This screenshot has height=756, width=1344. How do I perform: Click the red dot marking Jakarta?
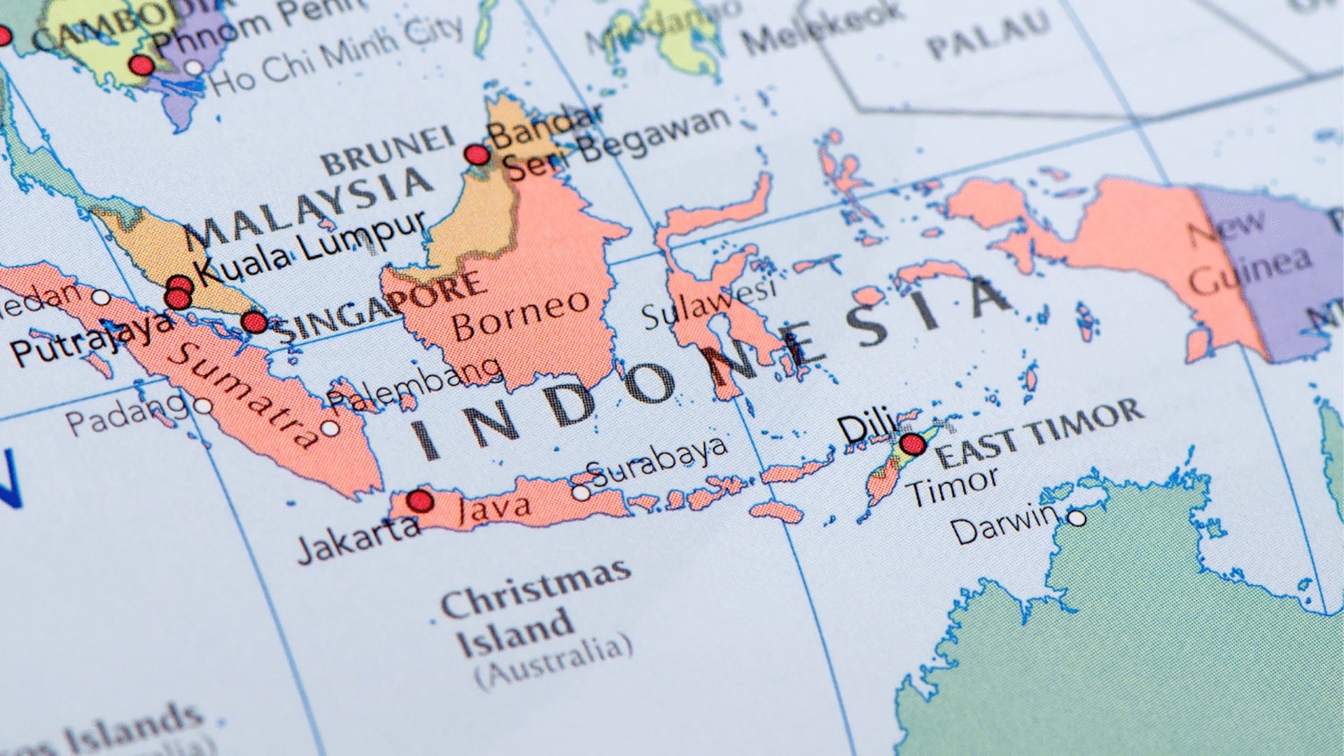tap(421, 500)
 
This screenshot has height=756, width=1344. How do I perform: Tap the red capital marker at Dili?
tap(912, 444)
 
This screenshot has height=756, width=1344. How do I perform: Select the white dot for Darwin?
tap(1077, 519)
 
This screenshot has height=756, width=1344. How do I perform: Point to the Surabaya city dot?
tap(581, 492)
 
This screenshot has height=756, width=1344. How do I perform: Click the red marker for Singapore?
tap(255, 323)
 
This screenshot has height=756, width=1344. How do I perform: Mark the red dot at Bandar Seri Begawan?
tap(477, 155)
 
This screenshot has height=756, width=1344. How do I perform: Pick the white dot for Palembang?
tap(330, 428)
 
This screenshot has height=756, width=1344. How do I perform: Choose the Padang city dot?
tap(202, 405)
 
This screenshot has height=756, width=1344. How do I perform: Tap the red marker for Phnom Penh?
tap(142, 66)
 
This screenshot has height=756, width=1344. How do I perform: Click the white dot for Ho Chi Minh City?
tap(193, 68)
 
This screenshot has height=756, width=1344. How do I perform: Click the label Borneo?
tap(521, 315)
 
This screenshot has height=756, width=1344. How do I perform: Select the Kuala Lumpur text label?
tap(311, 248)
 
